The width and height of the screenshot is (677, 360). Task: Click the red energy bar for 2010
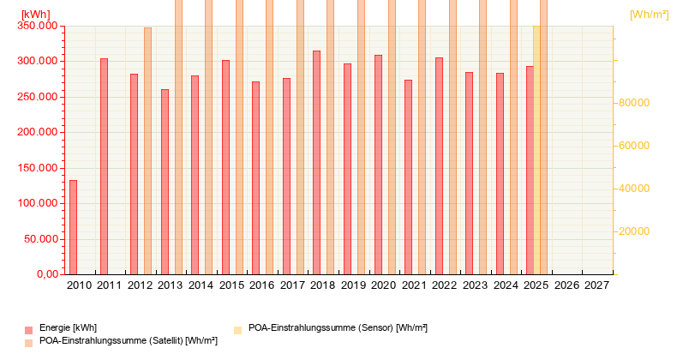(73, 227)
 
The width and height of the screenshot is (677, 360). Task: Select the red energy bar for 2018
(316, 163)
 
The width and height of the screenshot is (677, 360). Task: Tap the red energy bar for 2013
(165, 182)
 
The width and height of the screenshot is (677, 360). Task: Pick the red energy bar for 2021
(408, 177)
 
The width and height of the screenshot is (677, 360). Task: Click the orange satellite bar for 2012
(147, 151)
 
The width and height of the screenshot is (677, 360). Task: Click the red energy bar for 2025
(530, 170)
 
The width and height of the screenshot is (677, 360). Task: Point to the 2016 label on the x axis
(261, 285)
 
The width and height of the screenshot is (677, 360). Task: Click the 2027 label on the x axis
(596, 285)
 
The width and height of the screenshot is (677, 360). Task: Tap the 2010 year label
(79, 285)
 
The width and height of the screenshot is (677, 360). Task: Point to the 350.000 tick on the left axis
(37, 27)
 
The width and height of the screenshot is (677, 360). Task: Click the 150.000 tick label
(37, 168)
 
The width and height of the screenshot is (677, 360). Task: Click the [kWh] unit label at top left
(35, 14)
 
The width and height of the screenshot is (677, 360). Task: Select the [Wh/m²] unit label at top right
(649, 14)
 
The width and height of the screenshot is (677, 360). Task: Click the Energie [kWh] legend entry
(68, 328)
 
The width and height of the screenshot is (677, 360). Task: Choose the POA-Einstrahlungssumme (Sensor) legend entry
(337, 328)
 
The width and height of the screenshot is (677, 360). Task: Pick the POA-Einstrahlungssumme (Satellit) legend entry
(128, 341)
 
